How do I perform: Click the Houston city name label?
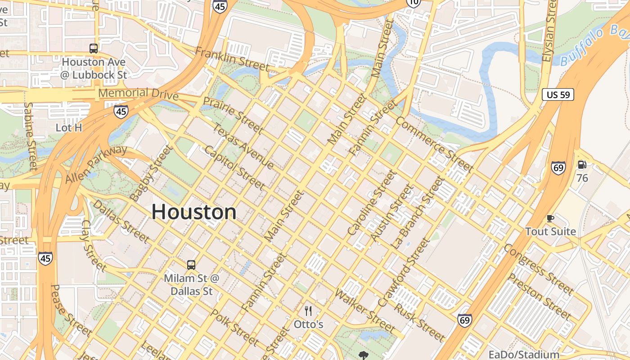(194, 212)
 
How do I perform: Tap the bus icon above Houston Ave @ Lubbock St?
(94, 49)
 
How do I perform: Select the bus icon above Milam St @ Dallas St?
(191, 265)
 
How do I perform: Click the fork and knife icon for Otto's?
(308, 310)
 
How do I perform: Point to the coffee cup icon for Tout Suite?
(550, 219)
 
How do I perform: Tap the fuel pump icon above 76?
(582, 165)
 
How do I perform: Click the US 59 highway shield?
(558, 94)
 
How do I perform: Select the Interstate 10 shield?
(413, 3)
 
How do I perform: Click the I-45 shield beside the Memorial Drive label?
(121, 112)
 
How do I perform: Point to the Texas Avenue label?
(243, 147)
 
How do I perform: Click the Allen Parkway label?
(96, 164)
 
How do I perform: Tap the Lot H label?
(69, 128)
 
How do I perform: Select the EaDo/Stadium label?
(524, 355)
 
